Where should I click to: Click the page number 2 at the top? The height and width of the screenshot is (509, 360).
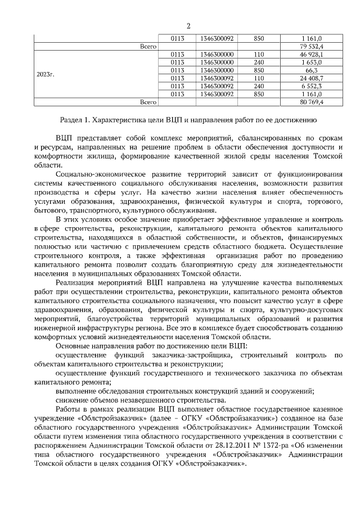188,26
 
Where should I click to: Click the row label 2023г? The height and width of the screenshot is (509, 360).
45,74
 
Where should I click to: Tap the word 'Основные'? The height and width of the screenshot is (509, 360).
73,346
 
